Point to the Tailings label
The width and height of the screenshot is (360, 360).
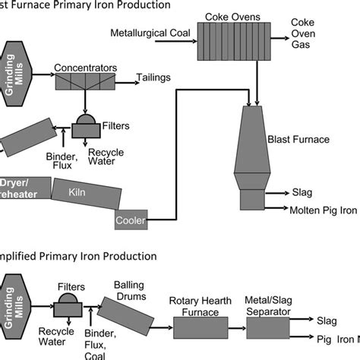point(153,77)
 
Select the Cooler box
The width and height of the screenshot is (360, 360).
point(131,220)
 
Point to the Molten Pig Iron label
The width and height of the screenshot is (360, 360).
point(323,210)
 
